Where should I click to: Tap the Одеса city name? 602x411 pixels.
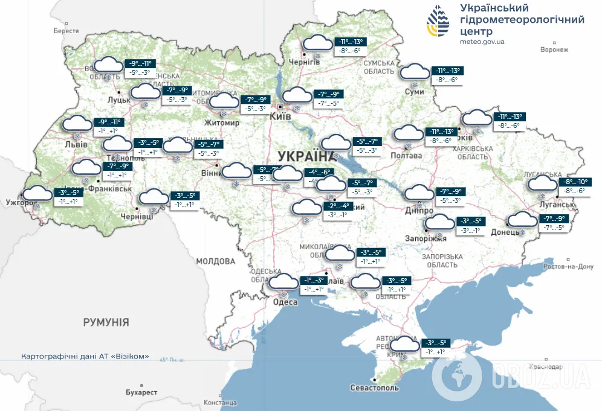pos(285,302)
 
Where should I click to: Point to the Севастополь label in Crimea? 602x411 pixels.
pos(374,387)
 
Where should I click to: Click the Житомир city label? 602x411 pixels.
pos(221,123)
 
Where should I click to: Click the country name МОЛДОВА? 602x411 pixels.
pos(215,261)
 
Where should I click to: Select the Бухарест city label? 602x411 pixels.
pos(141,392)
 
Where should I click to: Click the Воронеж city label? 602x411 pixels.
pos(555,49)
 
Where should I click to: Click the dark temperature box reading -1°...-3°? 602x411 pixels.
pos(314,281)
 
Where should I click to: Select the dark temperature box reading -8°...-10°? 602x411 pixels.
pos(576,182)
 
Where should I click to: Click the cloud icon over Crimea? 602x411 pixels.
pos(404,345)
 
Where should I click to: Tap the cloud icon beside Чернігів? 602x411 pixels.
pos(317,43)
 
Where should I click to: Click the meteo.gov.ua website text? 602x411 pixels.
pos(482,42)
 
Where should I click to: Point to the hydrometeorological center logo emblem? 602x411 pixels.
pos(439,22)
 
